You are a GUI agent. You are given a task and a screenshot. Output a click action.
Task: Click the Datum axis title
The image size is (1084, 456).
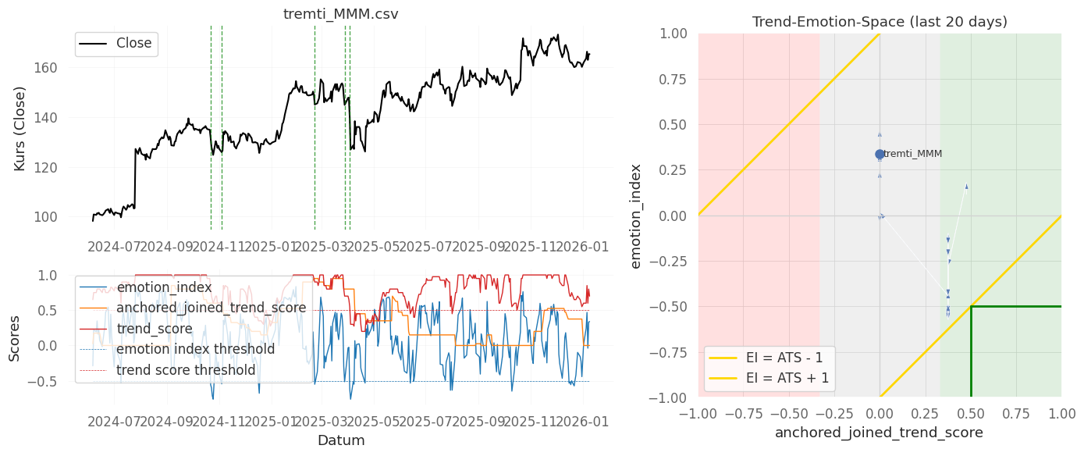point(340,440)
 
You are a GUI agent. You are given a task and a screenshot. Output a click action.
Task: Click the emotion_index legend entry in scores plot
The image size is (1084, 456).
point(164,287)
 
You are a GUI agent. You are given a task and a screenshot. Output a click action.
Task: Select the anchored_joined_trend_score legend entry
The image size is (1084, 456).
point(211,308)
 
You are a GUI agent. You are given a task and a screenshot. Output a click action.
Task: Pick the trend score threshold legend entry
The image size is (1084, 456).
point(186,369)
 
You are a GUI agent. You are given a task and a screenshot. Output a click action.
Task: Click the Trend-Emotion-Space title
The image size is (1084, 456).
point(880,22)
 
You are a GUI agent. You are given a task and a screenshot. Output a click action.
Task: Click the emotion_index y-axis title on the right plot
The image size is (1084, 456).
point(636,216)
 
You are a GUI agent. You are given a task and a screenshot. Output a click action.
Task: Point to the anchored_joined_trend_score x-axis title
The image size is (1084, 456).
point(880,432)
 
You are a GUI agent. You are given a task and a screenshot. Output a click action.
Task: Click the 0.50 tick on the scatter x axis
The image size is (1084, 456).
point(970,412)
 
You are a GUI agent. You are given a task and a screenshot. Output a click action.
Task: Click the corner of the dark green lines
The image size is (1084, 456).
point(971,307)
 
